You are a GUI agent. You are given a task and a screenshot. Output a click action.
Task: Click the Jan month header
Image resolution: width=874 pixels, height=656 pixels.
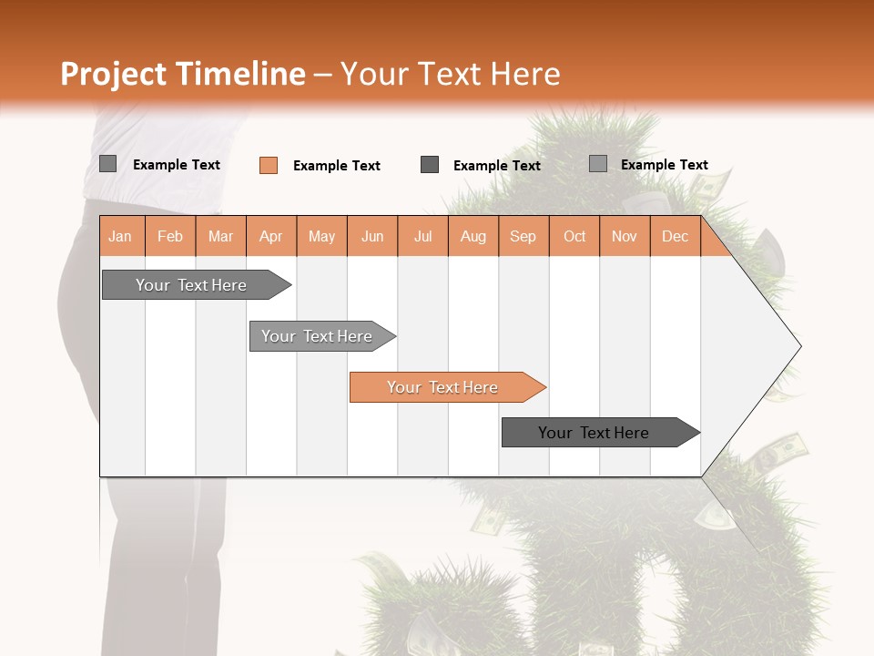120,236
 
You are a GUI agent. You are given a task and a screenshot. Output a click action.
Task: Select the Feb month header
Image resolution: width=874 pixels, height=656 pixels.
170,236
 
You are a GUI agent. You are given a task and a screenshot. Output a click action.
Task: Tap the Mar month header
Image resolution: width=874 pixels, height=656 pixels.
220,236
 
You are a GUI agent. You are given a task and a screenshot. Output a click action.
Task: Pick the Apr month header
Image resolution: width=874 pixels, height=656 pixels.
270,236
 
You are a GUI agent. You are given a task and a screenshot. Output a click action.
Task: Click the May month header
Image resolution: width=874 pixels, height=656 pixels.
321,236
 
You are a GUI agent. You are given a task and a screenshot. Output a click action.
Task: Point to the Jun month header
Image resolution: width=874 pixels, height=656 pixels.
372,236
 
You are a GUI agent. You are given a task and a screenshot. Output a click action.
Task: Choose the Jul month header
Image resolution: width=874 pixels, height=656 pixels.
422,236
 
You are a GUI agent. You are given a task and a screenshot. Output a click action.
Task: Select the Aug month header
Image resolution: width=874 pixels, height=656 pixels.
473,236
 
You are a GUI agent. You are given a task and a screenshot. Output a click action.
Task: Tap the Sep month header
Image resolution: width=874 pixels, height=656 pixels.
523,236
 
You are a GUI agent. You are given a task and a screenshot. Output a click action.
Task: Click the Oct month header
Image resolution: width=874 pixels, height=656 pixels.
574,236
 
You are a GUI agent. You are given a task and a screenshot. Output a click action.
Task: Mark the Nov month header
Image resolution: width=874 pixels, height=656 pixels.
625,236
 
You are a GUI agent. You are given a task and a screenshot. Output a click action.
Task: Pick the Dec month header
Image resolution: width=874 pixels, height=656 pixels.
675,236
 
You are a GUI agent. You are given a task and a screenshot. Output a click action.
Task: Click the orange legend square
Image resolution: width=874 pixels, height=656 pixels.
269,165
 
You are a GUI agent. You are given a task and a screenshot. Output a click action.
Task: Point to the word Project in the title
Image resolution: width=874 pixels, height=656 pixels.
113,74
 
